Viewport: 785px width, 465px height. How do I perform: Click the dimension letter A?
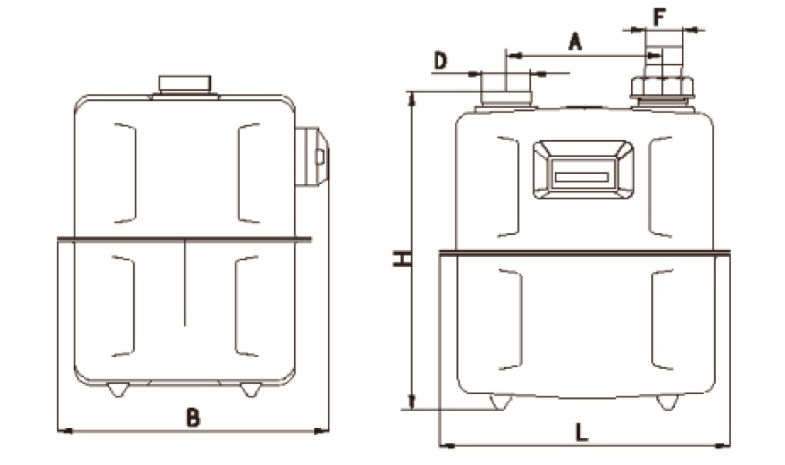(575, 41)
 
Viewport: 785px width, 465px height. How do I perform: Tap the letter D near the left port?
(439, 62)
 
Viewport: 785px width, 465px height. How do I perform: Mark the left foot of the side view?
(116, 390)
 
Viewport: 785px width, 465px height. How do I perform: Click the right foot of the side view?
(248, 390)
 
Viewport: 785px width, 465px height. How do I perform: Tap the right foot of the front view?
(666, 403)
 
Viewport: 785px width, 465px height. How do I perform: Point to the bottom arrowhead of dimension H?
(413, 402)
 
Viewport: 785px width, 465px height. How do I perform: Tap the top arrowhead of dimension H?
(413, 98)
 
